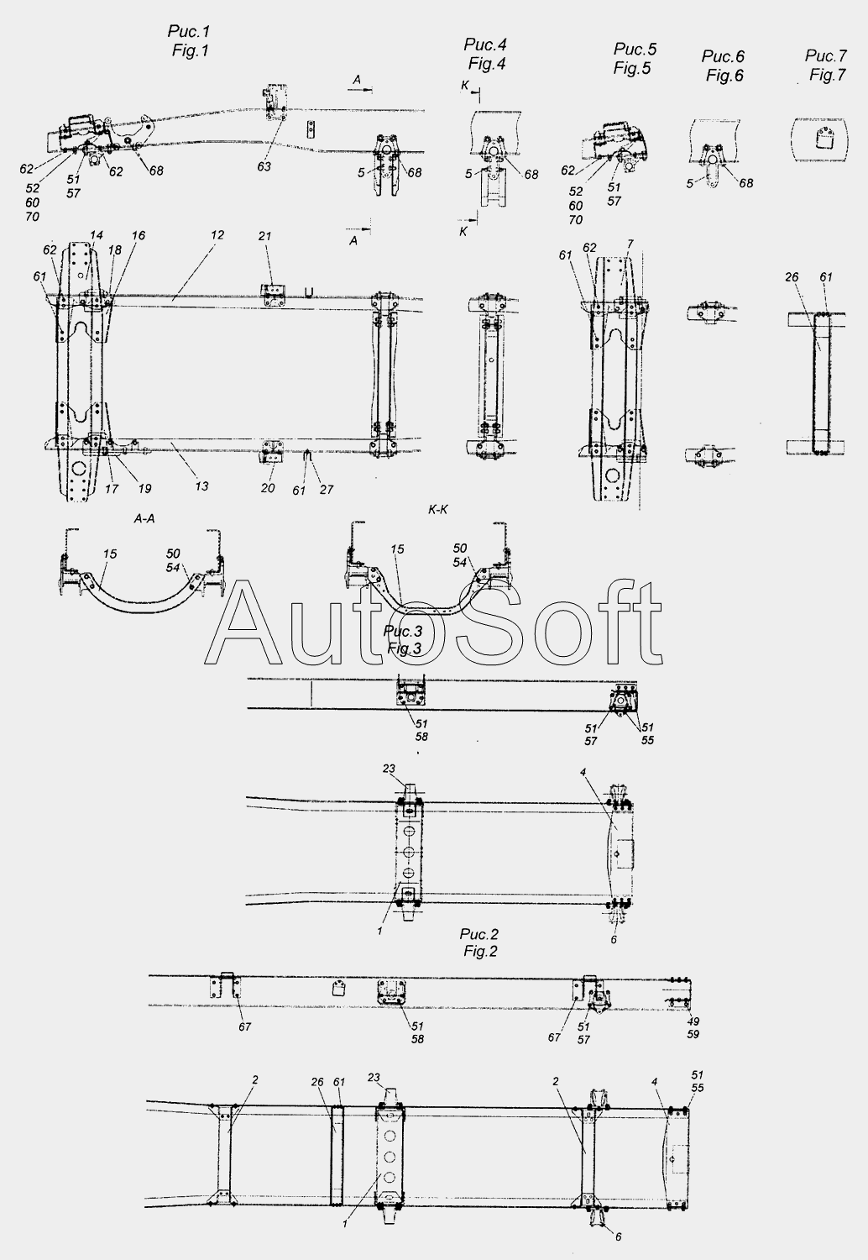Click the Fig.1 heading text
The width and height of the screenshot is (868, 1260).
click(x=190, y=50)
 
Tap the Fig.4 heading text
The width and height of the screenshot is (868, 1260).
click(x=487, y=64)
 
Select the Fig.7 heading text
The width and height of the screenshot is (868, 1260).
click(x=828, y=75)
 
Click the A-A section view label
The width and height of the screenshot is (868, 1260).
click(x=144, y=519)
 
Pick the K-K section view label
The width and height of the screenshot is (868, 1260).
click(x=438, y=510)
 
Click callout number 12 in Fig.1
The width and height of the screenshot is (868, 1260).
click(x=217, y=235)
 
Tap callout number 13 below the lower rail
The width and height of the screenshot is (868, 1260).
click(x=201, y=486)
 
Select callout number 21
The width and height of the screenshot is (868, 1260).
click(x=264, y=237)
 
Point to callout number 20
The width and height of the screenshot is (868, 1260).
click(x=268, y=488)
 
